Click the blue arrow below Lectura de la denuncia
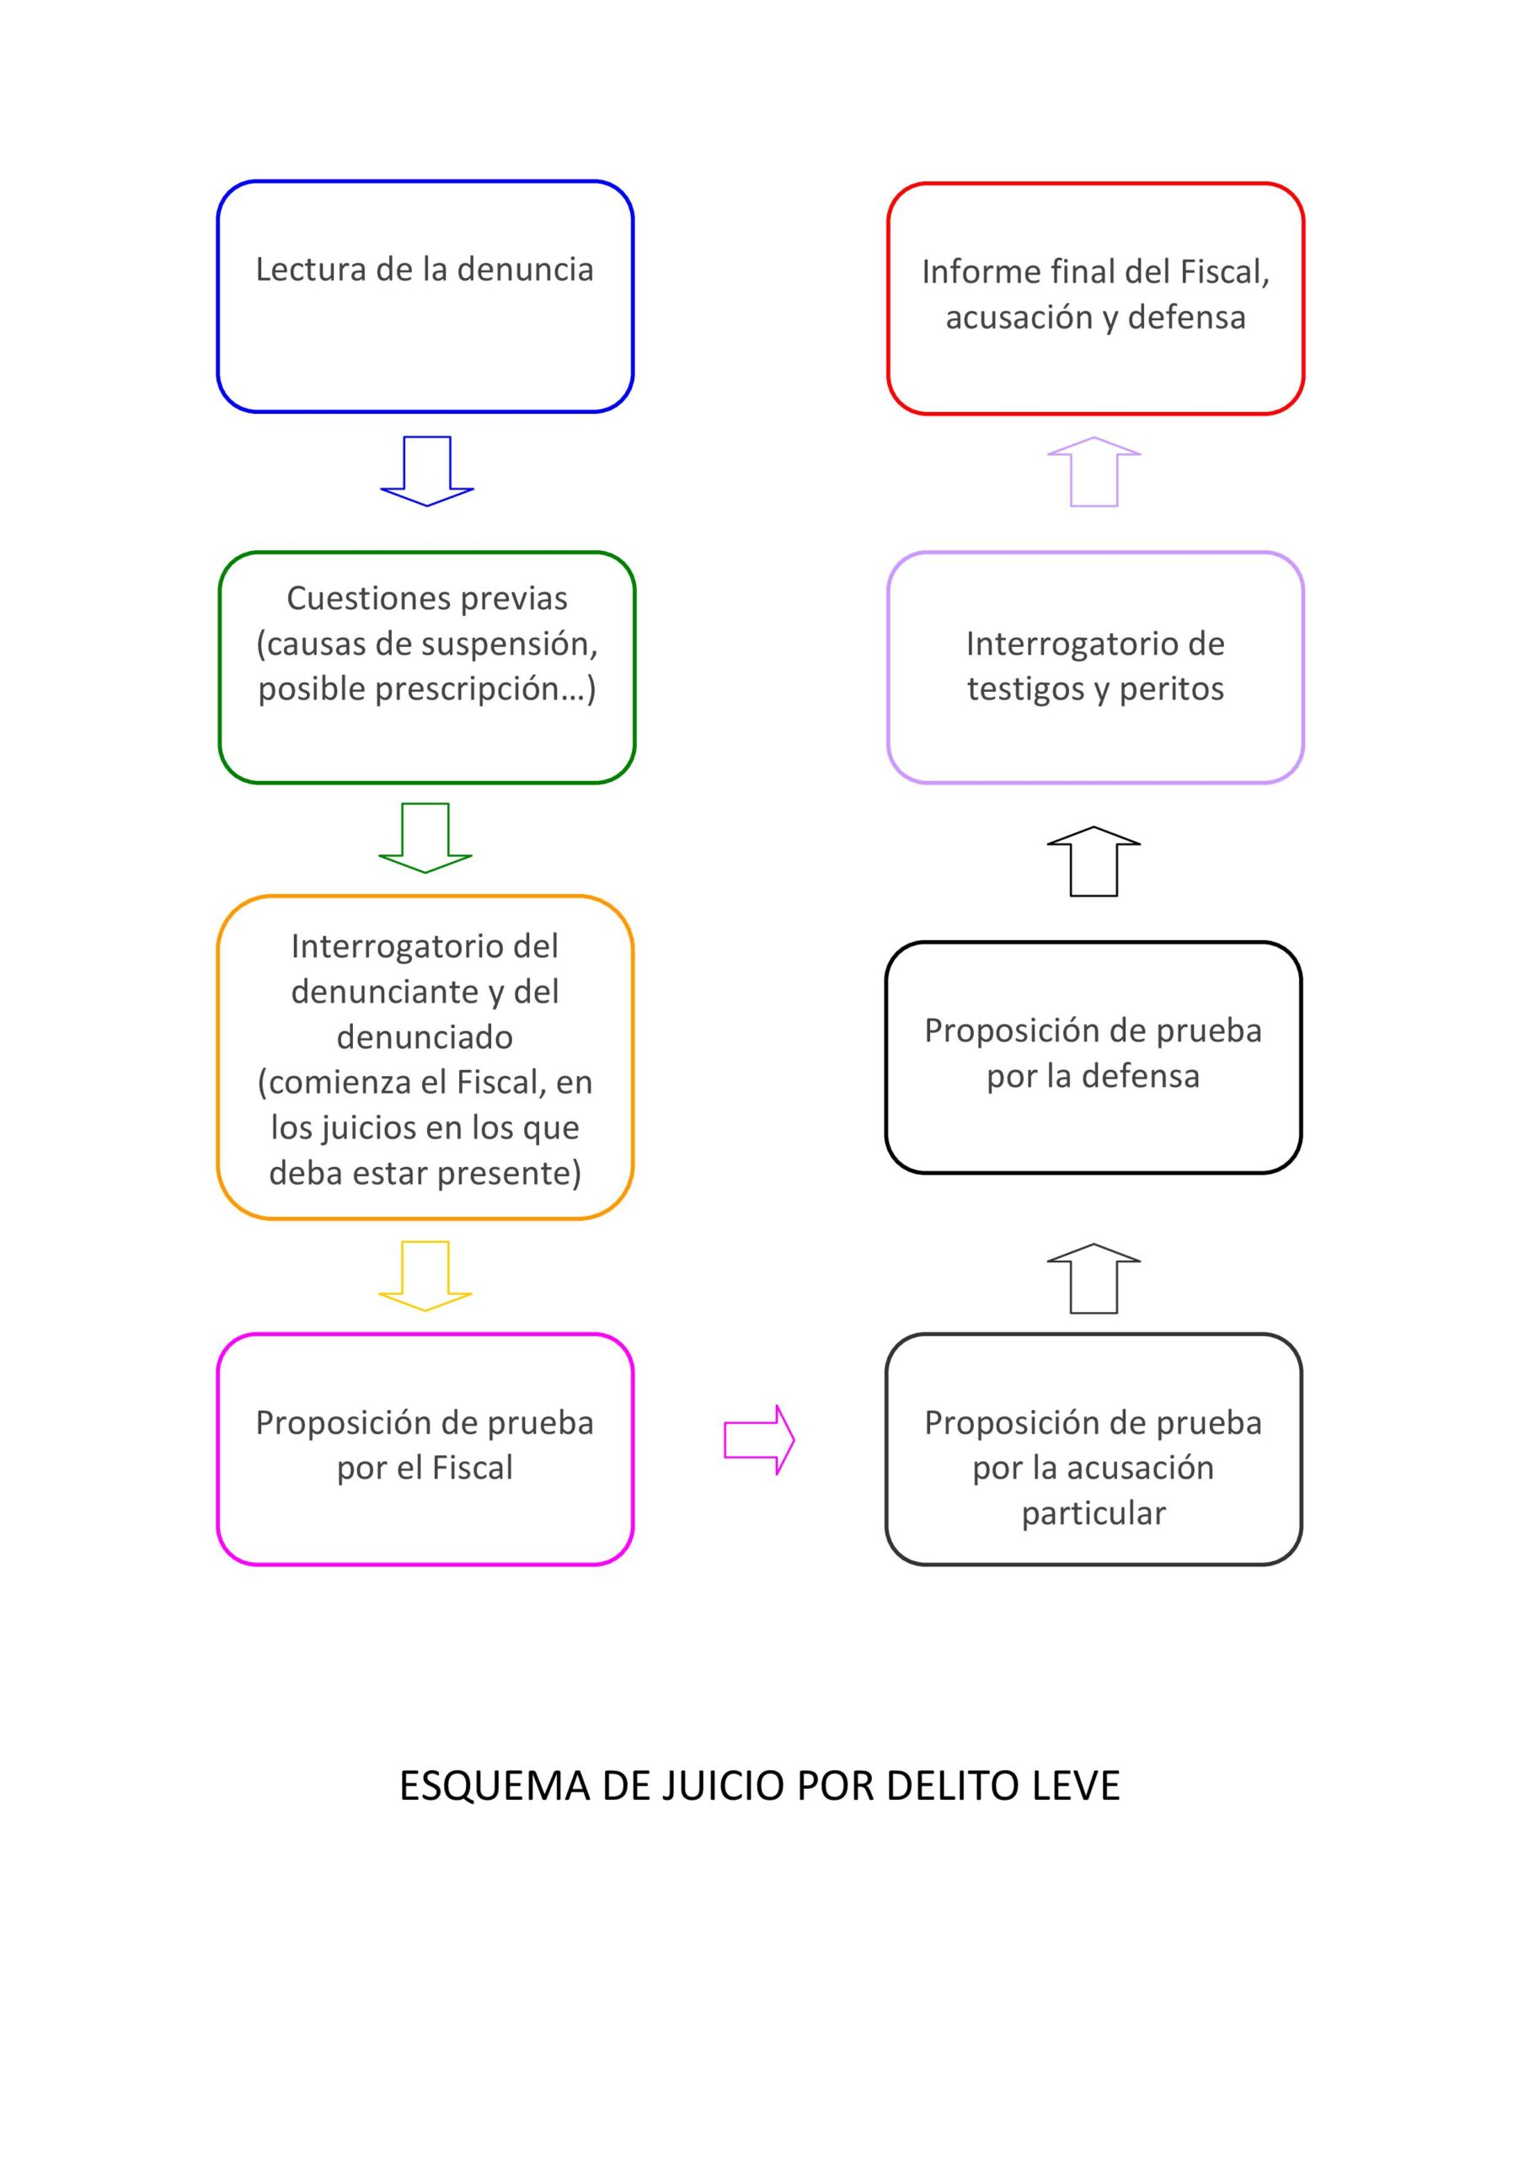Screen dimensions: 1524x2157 426,471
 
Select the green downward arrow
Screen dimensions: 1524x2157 425,838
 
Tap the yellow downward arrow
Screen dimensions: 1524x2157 425,1276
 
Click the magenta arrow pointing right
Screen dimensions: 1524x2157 759,1439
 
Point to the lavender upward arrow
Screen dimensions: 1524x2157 1094,472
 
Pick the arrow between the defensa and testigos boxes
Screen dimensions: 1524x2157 1094,861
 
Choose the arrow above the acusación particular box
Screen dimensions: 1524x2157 1094,1278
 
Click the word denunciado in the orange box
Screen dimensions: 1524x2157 425,1036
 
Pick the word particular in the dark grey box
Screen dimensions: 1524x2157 1094,1512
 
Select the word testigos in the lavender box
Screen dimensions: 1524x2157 1029,688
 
